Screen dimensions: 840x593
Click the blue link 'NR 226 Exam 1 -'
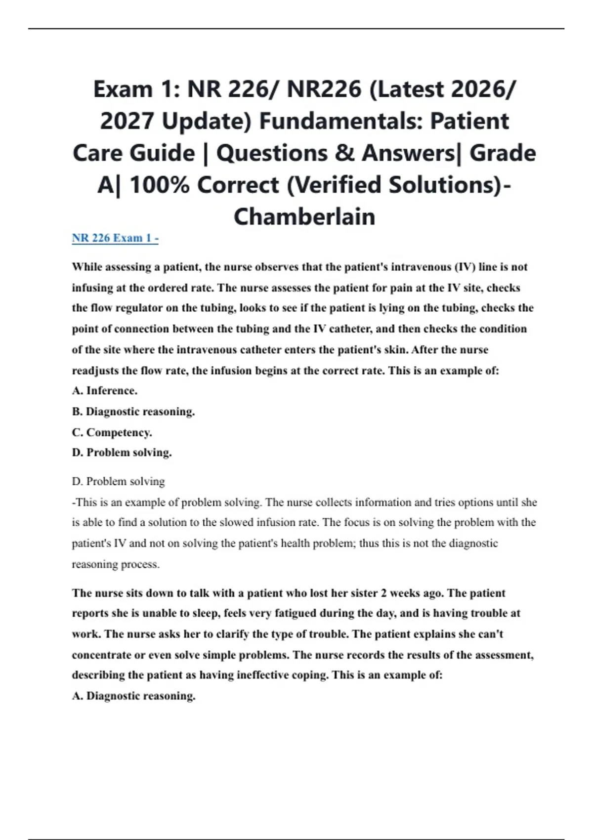(x=115, y=238)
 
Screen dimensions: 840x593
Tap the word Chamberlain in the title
(x=304, y=216)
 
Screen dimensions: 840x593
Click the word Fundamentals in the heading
(x=340, y=121)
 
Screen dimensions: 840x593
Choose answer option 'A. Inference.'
(x=105, y=390)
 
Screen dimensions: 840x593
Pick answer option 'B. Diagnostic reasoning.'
(x=133, y=411)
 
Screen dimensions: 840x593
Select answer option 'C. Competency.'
(x=112, y=432)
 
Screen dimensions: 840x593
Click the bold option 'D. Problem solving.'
(x=122, y=453)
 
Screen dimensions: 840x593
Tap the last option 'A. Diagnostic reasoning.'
(x=133, y=696)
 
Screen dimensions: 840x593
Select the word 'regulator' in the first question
(x=140, y=308)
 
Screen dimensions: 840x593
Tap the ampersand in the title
(x=344, y=153)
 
